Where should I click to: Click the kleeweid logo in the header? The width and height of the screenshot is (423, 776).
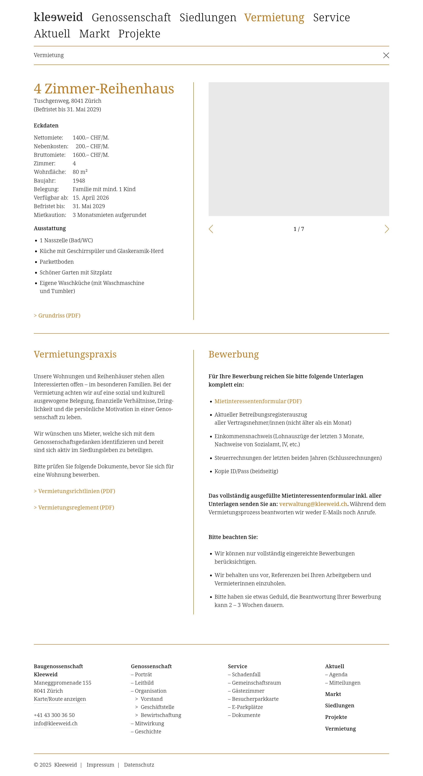point(58,17)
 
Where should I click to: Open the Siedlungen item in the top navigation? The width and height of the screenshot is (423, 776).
point(208,17)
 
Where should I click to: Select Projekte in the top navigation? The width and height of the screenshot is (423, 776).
point(139,34)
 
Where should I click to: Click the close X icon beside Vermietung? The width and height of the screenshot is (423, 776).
point(386,55)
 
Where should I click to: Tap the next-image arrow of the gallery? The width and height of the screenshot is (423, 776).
point(387,229)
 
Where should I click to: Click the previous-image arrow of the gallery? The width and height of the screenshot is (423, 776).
point(211,229)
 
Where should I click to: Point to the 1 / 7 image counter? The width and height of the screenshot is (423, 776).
point(299,229)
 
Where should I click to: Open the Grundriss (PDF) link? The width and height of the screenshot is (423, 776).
point(57,315)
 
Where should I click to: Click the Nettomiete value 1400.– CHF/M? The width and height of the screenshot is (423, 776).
point(91,138)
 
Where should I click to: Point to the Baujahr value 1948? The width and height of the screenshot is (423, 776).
point(79,181)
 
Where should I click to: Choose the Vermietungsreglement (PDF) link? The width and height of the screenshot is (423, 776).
point(74,507)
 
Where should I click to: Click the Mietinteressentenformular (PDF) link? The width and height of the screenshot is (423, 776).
point(258,401)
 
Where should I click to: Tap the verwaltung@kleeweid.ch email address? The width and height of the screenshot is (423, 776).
point(313,504)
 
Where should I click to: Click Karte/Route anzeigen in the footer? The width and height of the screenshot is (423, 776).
point(60,699)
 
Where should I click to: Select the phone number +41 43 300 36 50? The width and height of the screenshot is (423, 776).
point(54,715)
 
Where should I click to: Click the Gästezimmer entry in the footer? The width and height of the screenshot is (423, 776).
point(248,691)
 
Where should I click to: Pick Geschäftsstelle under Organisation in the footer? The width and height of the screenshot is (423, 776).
point(157,707)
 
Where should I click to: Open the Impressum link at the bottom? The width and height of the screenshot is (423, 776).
point(100,765)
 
